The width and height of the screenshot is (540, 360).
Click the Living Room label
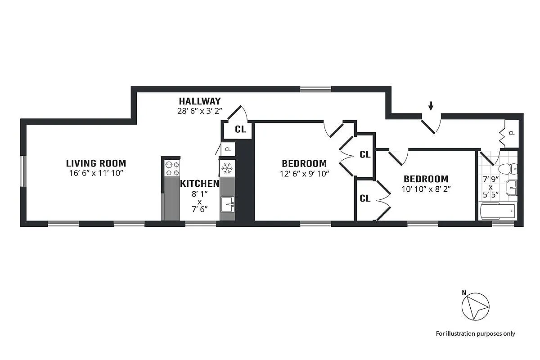point(96,163)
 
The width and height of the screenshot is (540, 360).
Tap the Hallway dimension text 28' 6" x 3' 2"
point(199,110)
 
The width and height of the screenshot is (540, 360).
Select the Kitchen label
point(199,184)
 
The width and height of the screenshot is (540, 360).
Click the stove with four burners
point(171,168)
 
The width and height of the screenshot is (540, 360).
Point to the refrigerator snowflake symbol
point(227,168)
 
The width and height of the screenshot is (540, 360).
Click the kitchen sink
point(227,204)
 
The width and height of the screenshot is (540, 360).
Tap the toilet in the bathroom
point(509,169)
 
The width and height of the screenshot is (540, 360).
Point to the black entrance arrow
point(431,106)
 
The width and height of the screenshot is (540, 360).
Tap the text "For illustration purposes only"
point(475,333)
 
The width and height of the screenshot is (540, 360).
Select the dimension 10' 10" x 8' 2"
point(426,189)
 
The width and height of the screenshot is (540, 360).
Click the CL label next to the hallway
point(240,130)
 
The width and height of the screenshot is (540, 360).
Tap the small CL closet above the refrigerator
point(228,149)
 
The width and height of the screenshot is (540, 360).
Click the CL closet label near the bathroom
point(512,133)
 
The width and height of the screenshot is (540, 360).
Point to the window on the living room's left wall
point(23,171)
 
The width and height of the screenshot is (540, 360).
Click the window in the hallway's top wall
point(315,89)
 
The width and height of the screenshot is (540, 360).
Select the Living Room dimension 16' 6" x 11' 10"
point(96,173)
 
